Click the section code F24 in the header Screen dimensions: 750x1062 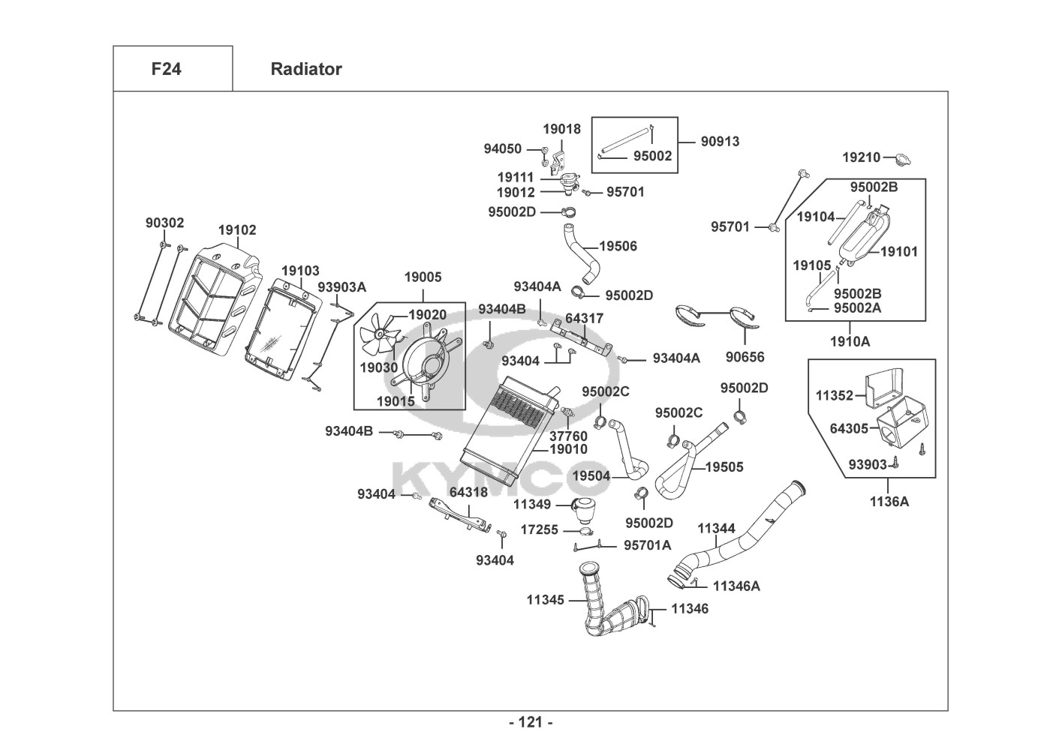[x=166, y=69]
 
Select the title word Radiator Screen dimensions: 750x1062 [x=306, y=69]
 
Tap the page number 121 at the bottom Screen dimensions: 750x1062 [x=531, y=722]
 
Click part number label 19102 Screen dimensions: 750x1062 [x=237, y=230]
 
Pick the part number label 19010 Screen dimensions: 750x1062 [x=569, y=449]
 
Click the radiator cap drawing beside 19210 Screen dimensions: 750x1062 [x=901, y=159]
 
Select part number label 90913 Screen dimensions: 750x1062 [x=720, y=141]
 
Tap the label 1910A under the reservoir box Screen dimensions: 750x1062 [x=850, y=341]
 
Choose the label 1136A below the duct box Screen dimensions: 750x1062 [x=889, y=502]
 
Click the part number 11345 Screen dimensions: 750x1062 [x=545, y=599]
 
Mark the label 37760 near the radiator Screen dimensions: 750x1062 [x=568, y=436]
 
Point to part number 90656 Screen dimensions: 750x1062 [x=745, y=357]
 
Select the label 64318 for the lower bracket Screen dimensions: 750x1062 [x=468, y=492]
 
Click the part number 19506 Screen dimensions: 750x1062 [x=618, y=246]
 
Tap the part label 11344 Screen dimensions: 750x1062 [x=716, y=528]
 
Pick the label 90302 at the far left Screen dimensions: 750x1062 [x=164, y=223]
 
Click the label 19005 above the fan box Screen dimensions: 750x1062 [x=423, y=277]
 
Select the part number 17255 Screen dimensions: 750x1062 [x=539, y=529]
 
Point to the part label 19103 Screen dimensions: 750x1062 [x=300, y=271]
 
